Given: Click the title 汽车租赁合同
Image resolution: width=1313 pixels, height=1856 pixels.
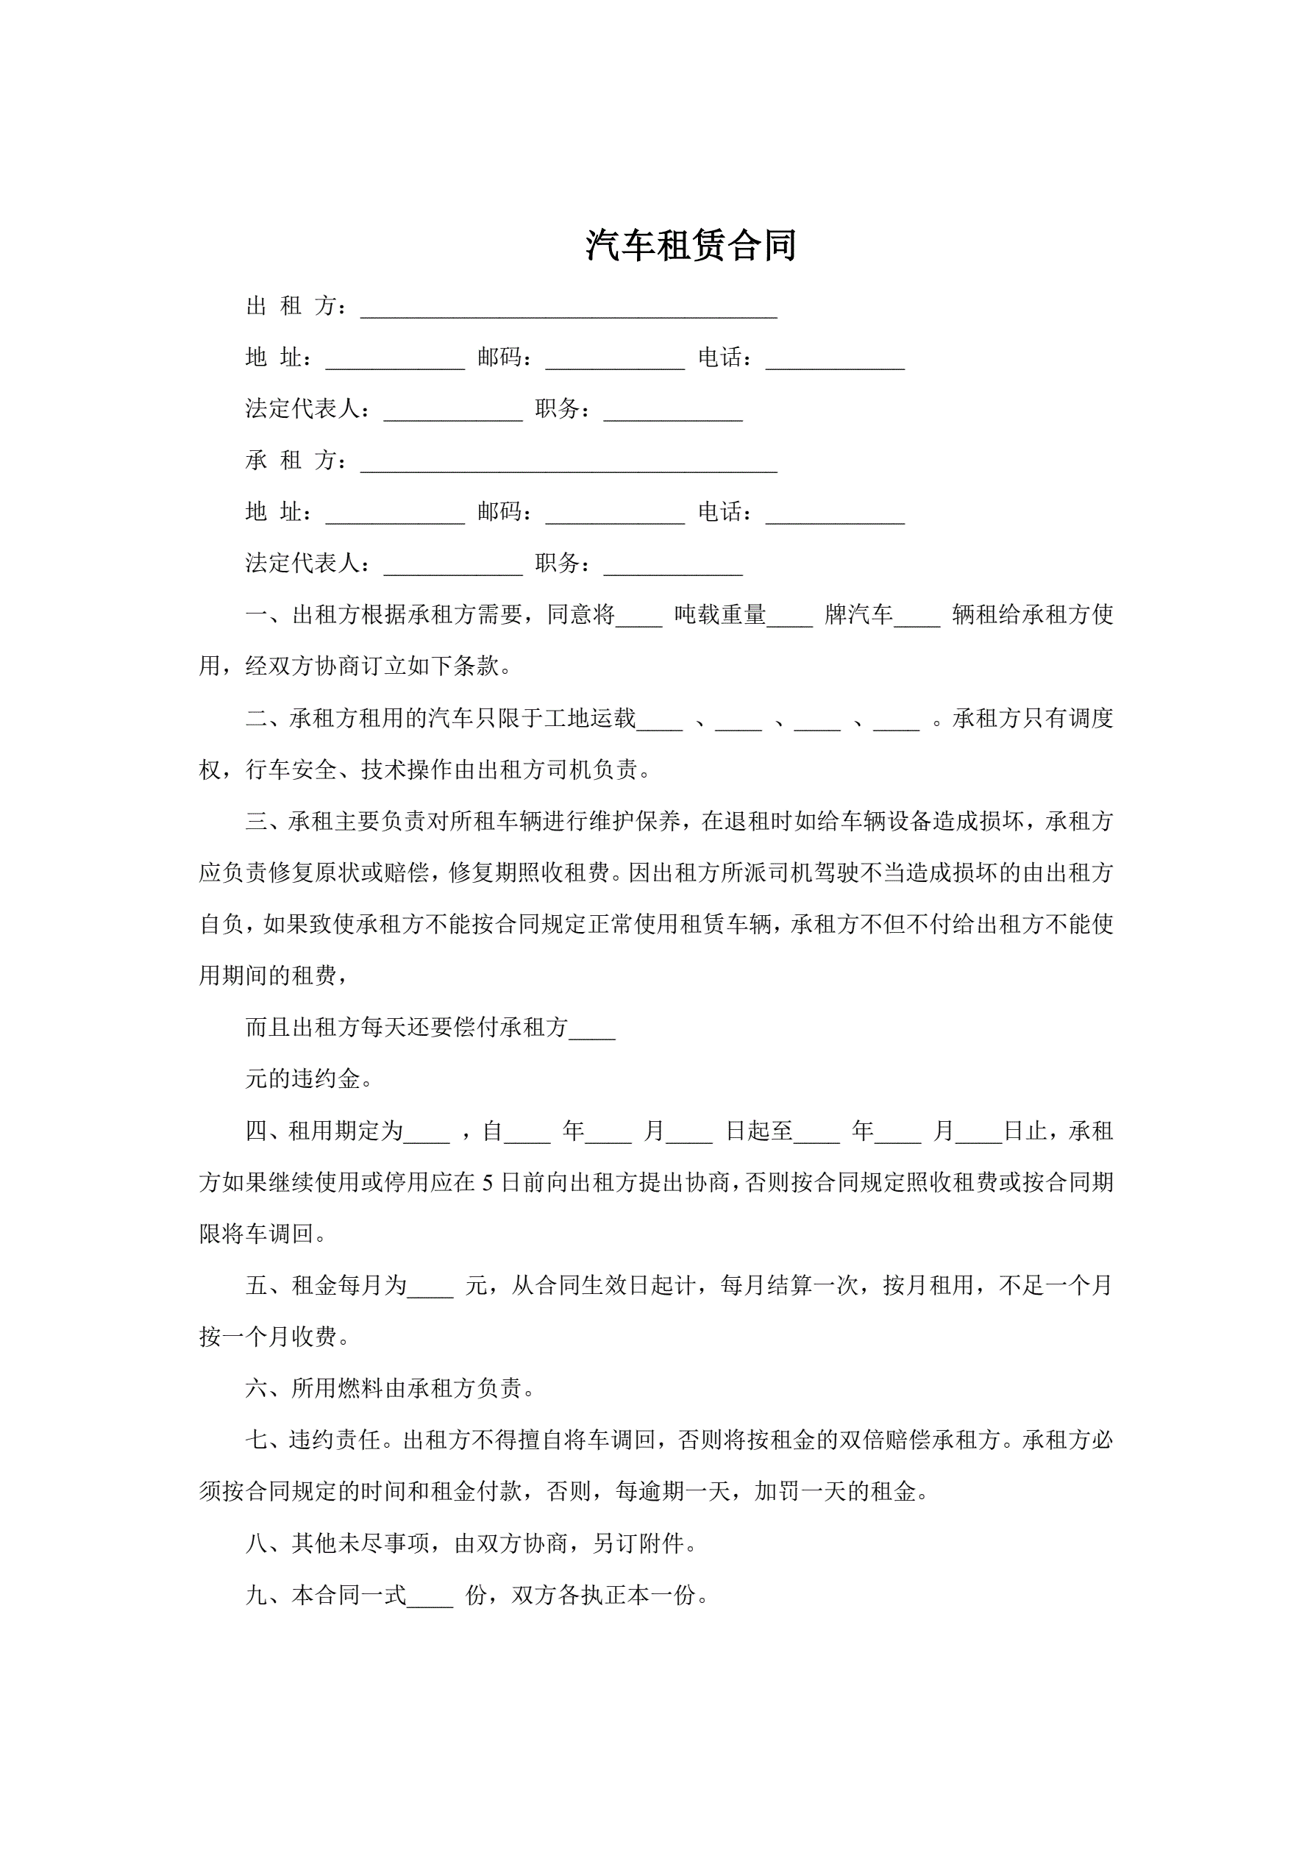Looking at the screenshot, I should [x=691, y=245].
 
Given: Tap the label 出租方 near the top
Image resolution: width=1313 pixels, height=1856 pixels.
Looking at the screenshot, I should [x=296, y=305].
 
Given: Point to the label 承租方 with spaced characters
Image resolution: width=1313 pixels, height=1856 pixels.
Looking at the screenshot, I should [x=296, y=460].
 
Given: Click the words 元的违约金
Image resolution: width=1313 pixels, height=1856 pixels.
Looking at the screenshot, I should [x=303, y=1079].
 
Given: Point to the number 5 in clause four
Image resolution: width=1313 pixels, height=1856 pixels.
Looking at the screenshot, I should [x=488, y=1183].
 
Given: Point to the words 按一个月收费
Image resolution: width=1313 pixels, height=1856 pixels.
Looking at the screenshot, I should [x=268, y=1337].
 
